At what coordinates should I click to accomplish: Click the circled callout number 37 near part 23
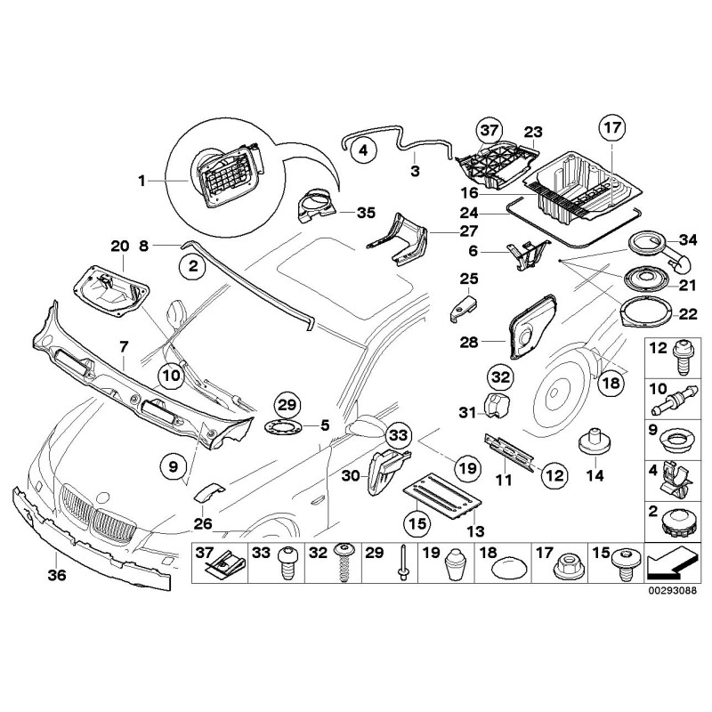pyautogui.click(x=489, y=131)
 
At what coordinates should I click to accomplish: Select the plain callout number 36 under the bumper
pyautogui.click(x=56, y=575)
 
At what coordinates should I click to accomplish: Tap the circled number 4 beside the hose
pyautogui.click(x=360, y=151)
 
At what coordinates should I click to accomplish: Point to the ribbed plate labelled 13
pyautogui.click(x=441, y=497)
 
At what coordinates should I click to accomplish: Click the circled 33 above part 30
pyautogui.click(x=398, y=435)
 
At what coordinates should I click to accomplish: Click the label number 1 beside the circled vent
pyautogui.click(x=142, y=181)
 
